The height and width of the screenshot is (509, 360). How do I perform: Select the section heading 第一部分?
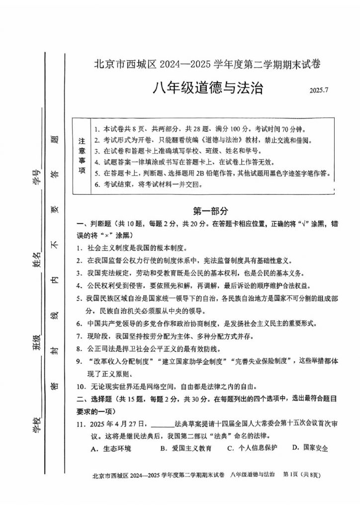[x=210, y=211]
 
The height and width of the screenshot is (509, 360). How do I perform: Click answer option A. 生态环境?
[x=111, y=448]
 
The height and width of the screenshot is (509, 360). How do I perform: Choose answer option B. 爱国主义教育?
[x=186, y=448]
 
